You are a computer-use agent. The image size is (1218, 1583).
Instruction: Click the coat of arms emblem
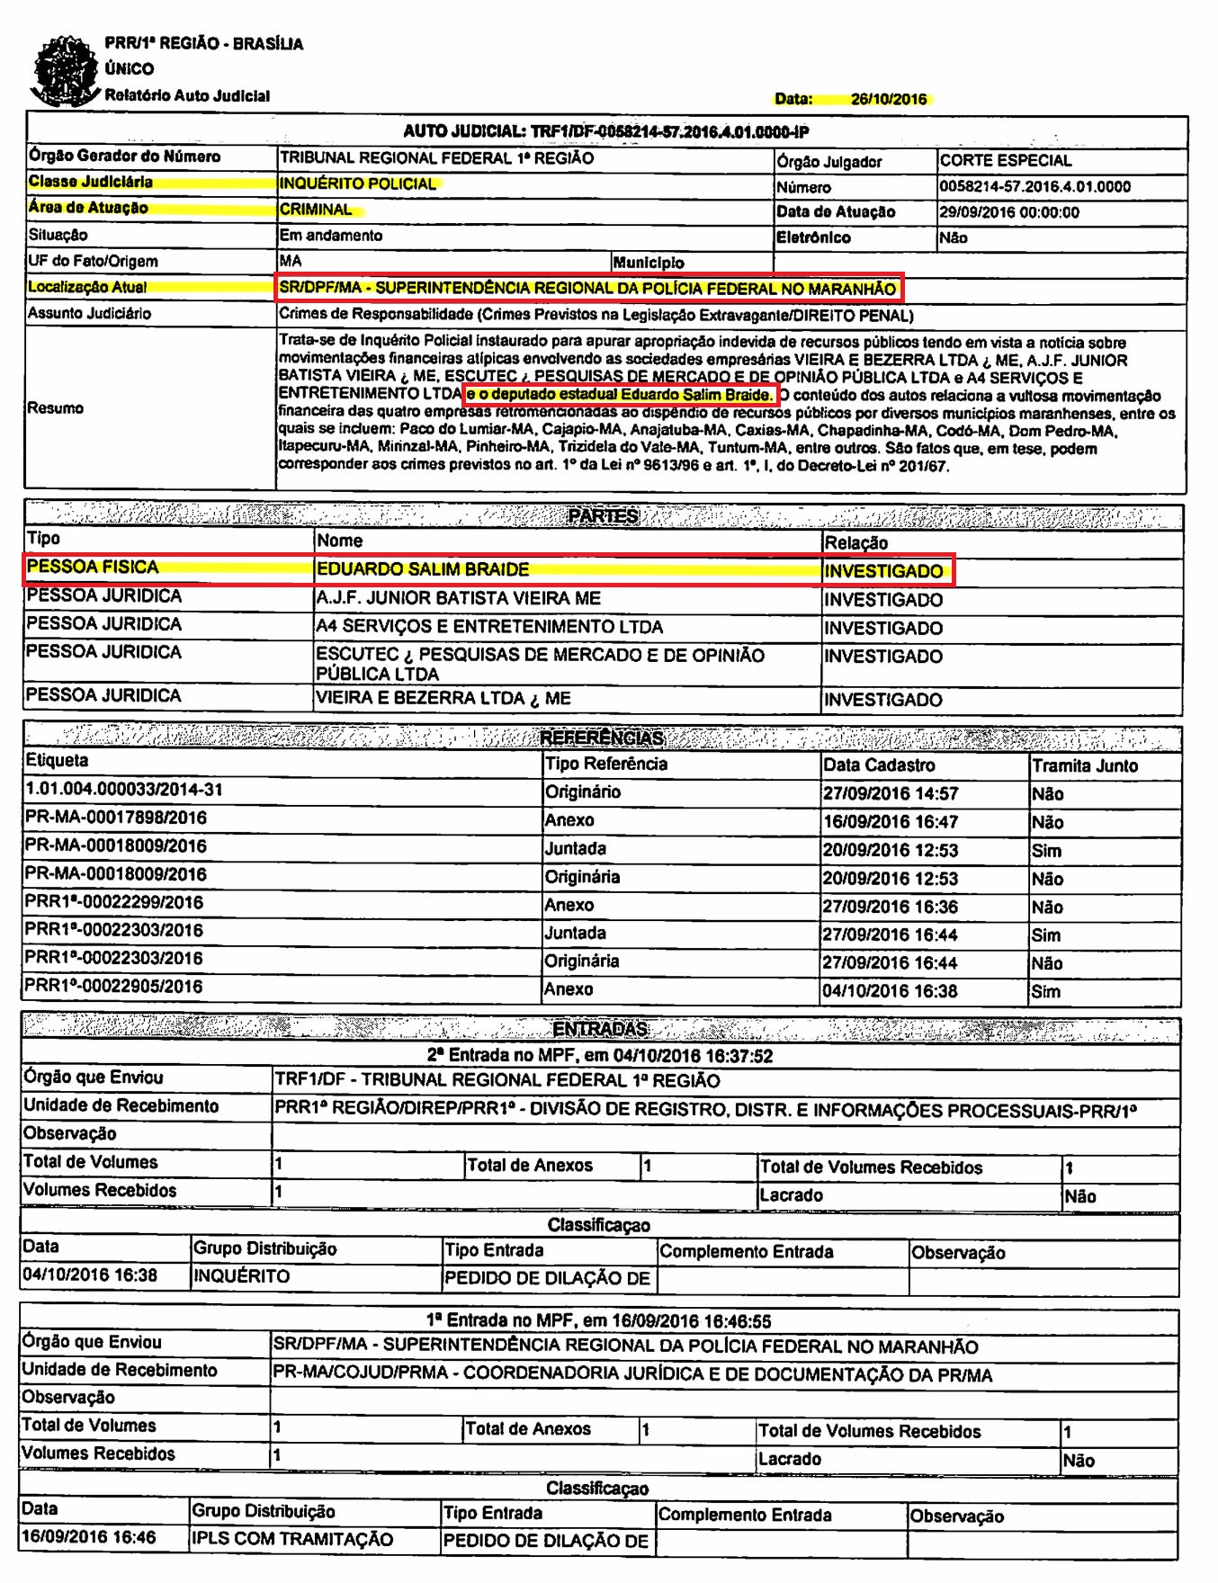(x=65, y=70)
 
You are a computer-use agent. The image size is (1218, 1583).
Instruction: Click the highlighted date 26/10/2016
(x=888, y=99)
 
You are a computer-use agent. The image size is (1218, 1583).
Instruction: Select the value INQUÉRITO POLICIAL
(x=358, y=183)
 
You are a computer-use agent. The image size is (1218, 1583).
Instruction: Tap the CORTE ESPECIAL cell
(x=1005, y=161)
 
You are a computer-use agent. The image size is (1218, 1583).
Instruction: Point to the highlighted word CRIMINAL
(x=316, y=210)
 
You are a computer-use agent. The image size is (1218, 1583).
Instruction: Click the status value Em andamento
(x=331, y=236)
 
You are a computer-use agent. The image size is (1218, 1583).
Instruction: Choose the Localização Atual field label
(x=87, y=288)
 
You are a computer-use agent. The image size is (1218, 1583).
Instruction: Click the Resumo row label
(x=55, y=408)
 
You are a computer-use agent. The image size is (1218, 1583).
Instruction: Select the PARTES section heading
(x=603, y=516)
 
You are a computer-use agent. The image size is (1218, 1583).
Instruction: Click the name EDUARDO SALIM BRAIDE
(x=422, y=569)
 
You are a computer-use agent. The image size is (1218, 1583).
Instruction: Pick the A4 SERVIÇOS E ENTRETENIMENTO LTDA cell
(x=488, y=627)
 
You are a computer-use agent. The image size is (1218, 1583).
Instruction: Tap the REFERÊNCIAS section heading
(x=601, y=738)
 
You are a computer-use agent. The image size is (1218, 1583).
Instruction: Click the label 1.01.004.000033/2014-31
(x=124, y=790)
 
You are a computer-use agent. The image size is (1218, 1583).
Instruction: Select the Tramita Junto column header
(x=1084, y=765)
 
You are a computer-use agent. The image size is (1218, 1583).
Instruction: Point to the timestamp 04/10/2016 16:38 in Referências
(x=890, y=991)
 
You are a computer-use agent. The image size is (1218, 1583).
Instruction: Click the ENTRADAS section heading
(x=600, y=1029)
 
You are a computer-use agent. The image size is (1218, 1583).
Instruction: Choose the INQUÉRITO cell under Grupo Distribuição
(x=241, y=1276)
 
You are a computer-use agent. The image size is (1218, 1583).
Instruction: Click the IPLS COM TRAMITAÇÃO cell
(x=291, y=1539)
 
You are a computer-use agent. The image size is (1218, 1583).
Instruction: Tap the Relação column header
(x=855, y=543)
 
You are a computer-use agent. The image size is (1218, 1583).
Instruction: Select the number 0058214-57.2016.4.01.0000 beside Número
(x=1034, y=187)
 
